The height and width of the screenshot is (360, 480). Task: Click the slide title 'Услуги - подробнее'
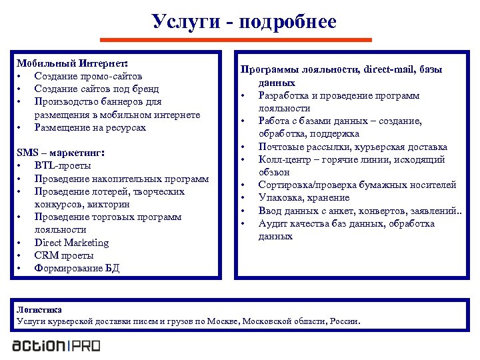point(243,21)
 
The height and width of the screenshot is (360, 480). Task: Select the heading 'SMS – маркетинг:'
point(62,153)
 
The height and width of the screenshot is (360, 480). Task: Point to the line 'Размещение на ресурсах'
point(90,127)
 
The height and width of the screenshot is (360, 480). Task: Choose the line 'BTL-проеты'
point(63,166)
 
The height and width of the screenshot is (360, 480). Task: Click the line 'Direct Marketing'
point(71,243)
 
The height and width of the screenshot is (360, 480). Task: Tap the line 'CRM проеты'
point(64,255)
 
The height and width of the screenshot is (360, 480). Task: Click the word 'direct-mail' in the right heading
point(387,70)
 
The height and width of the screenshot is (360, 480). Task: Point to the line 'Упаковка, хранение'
point(304,198)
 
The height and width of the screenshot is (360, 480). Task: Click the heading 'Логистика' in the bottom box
point(39,310)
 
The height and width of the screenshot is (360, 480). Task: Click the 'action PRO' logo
point(56,345)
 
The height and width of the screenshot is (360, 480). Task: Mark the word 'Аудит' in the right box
point(273,223)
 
